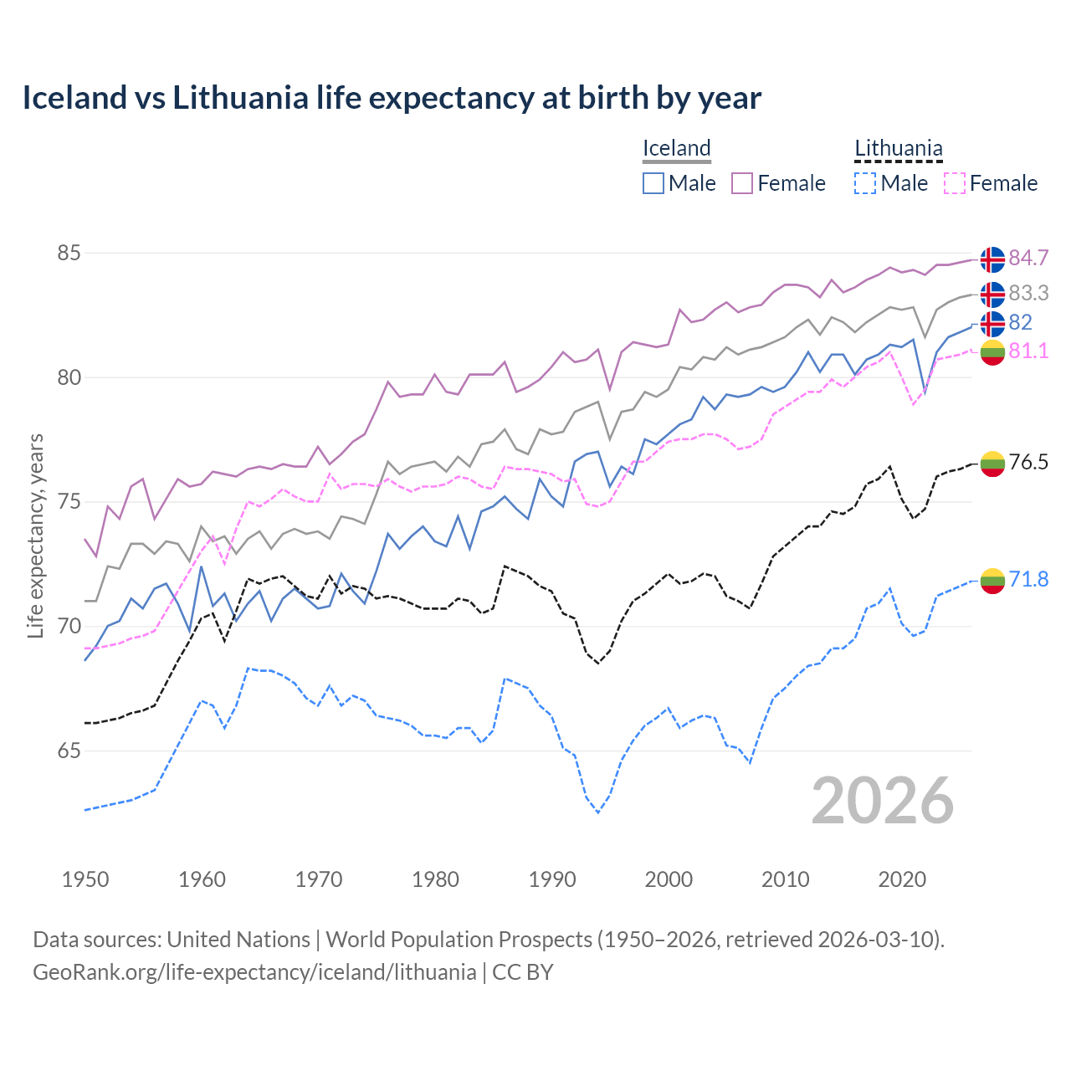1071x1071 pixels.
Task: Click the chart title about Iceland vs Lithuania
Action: click(x=392, y=98)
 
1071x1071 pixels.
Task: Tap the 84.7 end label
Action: click(x=1028, y=259)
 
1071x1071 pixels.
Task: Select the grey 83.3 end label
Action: click(x=1028, y=294)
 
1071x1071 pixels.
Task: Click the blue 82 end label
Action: click(x=1020, y=323)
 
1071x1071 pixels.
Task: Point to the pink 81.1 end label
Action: click(x=1028, y=351)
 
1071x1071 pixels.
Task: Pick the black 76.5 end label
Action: click(x=1028, y=463)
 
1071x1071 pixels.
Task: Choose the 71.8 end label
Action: click(x=1028, y=580)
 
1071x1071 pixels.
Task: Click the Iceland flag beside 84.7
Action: click(x=992, y=259)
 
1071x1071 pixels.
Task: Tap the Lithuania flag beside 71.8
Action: click(x=992, y=581)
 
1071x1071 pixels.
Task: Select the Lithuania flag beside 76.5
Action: click(x=992, y=464)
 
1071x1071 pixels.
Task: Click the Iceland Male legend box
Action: click(x=653, y=183)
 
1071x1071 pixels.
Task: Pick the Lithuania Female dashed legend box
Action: click(x=954, y=183)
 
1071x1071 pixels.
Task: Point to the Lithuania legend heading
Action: click(x=898, y=149)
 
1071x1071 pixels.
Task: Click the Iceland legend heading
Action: click(x=676, y=149)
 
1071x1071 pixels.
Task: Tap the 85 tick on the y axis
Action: click(x=69, y=253)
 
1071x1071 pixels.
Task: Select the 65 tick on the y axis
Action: click(x=69, y=751)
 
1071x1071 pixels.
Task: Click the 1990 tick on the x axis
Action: click(x=552, y=879)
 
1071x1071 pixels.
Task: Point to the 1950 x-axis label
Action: click(x=85, y=879)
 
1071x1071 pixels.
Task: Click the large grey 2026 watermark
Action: click(x=883, y=801)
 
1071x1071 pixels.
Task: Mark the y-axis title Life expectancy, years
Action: click(x=36, y=535)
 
